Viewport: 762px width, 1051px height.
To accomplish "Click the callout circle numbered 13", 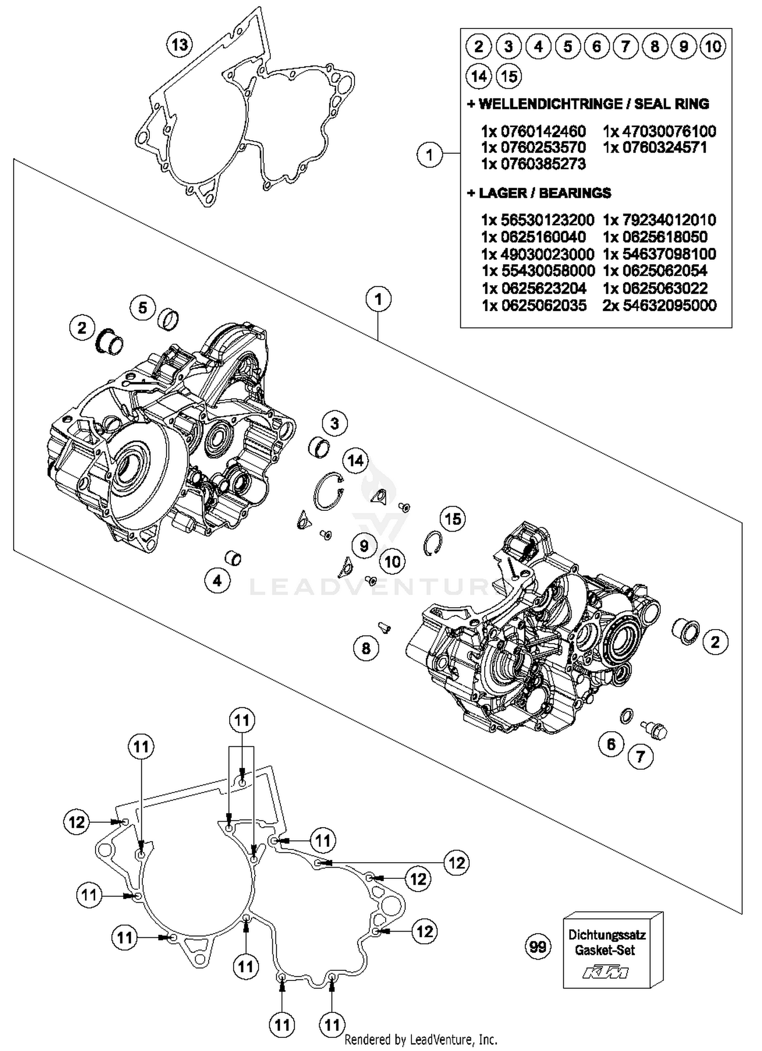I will tap(179, 45).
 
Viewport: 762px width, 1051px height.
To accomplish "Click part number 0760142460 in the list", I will tap(533, 132).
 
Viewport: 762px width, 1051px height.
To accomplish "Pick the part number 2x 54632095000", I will tap(659, 305).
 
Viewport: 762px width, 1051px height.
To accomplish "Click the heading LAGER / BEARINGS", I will tap(539, 193).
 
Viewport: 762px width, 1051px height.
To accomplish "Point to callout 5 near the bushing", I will tap(142, 308).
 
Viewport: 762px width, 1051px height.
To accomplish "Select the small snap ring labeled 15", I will tap(432, 543).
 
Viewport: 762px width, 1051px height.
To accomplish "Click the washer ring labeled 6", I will tap(627, 715).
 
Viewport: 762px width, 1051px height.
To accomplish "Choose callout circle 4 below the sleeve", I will tap(217, 580).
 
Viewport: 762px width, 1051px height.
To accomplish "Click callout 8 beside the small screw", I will tap(366, 648).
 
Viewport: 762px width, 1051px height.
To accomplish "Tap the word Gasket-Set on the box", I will tap(605, 950).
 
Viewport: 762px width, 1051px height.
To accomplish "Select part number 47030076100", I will tap(659, 132).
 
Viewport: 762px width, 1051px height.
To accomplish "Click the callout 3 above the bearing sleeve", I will tap(334, 423).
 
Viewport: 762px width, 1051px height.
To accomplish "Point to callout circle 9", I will tap(363, 546).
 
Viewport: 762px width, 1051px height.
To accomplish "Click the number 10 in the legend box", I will tap(713, 47).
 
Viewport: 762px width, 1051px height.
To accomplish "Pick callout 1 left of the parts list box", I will tap(430, 154).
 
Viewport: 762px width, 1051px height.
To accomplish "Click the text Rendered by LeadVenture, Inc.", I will tap(421, 1039).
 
